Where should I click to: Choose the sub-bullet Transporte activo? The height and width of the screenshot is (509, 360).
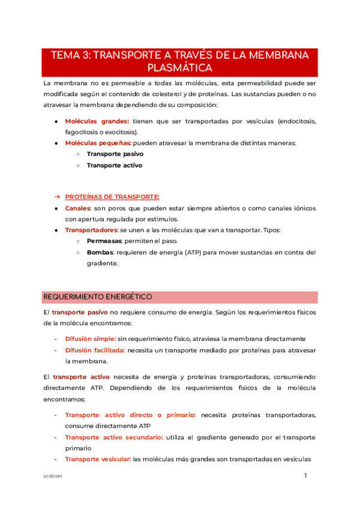point(114,165)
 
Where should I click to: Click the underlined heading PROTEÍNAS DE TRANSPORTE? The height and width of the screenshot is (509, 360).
point(112,197)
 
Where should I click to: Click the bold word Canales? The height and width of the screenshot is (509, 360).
point(77,208)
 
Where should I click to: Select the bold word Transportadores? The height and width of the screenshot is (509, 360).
point(91,230)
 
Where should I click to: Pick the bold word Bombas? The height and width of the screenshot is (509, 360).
point(100,253)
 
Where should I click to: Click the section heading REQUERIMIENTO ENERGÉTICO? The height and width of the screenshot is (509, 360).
point(98,297)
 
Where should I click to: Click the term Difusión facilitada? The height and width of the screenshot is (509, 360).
point(95,350)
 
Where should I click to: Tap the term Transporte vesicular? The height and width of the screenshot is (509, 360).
point(98,459)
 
